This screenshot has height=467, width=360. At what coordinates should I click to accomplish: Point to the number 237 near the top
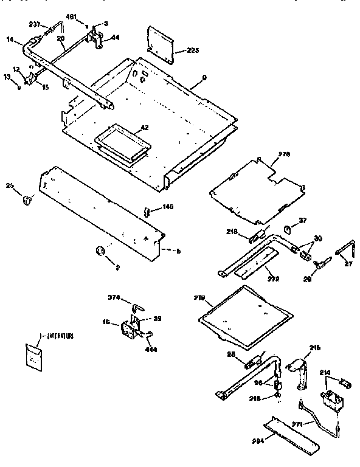[34, 25]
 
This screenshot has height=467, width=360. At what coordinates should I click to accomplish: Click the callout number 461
[71, 16]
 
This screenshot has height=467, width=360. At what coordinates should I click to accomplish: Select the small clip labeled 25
[27, 199]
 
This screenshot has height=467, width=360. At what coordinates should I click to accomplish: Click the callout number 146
[168, 207]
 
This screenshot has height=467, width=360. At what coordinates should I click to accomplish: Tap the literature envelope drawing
[35, 357]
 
